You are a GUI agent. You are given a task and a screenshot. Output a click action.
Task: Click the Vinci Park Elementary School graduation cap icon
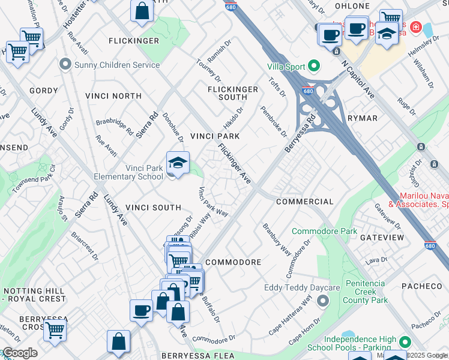178,163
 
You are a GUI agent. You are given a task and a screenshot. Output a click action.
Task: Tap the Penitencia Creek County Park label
367,291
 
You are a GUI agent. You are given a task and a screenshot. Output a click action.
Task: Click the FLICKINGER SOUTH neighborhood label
232,93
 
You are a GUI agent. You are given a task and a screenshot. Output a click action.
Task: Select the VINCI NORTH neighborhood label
113,96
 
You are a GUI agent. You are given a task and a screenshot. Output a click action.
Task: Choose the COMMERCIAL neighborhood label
304,202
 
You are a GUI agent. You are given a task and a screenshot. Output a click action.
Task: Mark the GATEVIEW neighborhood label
382,238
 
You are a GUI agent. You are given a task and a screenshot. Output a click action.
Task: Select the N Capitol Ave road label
358,79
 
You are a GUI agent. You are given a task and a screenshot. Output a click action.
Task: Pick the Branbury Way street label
276,239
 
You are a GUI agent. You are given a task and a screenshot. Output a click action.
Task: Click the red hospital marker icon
414,28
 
